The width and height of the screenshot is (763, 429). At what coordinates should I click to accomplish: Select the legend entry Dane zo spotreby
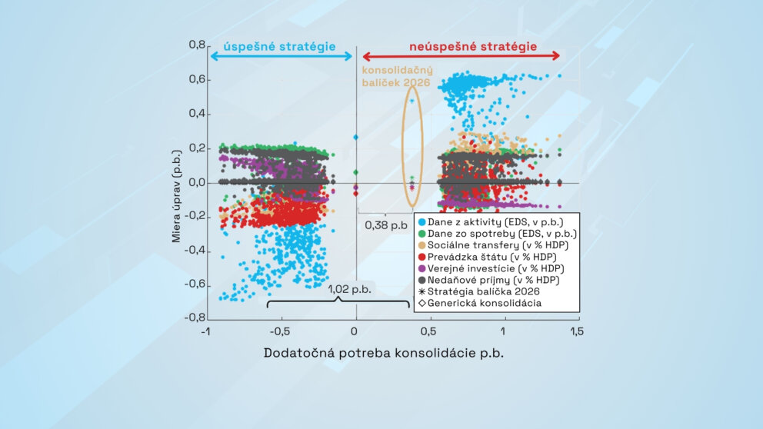point(497,232)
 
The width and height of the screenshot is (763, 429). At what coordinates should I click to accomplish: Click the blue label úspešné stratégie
point(279,46)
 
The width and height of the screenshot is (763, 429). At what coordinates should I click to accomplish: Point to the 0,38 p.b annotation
point(386,225)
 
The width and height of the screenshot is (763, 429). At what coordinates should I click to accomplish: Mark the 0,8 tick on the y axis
point(197,45)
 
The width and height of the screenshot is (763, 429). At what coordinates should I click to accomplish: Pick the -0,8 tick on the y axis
point(195,317)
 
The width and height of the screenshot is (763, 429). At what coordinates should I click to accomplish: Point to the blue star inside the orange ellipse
point(411,101)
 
